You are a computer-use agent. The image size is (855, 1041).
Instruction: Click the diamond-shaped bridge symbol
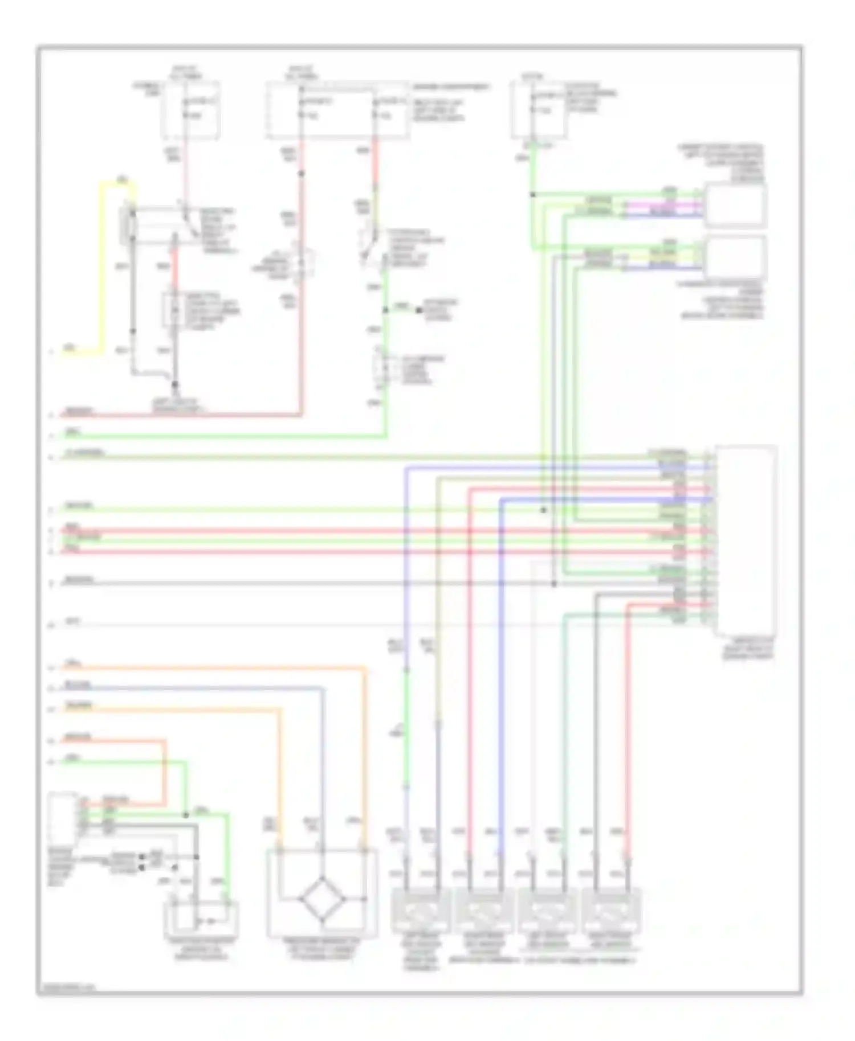click(x=322, y=898)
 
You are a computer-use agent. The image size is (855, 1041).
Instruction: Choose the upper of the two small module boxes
click(x=735, y=205)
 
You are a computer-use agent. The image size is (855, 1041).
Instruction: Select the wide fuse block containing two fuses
click(x=337, y=110)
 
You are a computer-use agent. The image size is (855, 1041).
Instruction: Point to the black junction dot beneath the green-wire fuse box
click(x=533, y=195)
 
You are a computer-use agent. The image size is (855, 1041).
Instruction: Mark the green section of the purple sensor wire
click(x=406, y=729)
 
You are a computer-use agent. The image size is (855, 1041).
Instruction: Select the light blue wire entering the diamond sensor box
click(x=323, y=769)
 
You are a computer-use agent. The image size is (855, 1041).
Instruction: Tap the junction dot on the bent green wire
click(x=186, y=815)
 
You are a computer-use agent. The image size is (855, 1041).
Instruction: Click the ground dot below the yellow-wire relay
click(x=175, y=385)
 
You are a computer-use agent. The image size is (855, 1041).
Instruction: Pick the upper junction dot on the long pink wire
click(x=302, y=173)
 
